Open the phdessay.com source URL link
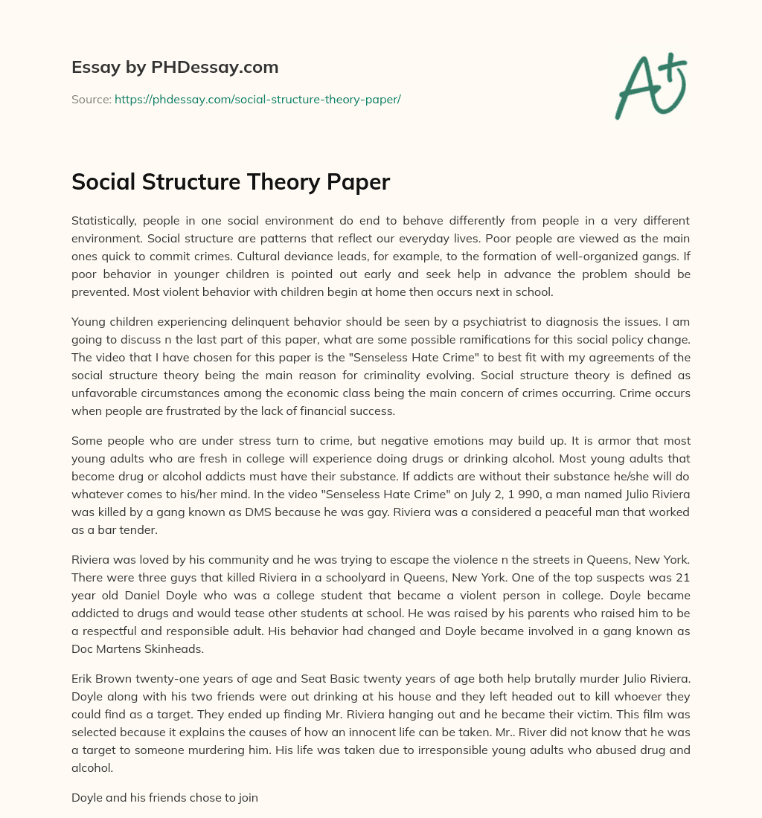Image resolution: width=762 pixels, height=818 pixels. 257,99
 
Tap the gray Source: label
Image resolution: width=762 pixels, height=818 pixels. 92,99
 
